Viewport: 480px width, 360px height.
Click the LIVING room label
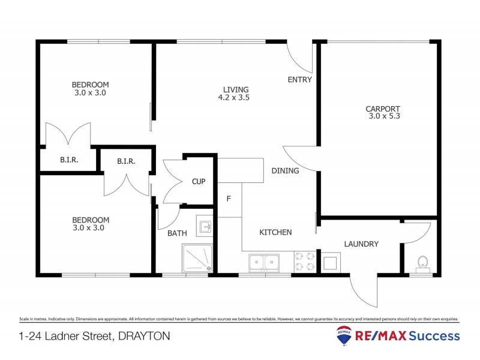(233, 89)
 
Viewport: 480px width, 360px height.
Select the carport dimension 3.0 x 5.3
(384, 116)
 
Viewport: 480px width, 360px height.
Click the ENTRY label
(299, 80)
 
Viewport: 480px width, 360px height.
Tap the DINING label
(285, 171)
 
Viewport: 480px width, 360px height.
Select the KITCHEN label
(275, 232)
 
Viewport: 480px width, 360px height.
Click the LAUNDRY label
(361, 244)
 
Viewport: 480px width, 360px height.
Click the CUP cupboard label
(199, 182)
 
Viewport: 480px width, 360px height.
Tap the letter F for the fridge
(229, 199)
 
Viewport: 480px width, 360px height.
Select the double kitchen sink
(265, 262)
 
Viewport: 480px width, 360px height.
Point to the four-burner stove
(304, 262)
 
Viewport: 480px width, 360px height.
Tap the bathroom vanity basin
(205, 226)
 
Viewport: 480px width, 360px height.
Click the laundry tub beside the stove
(330, 262)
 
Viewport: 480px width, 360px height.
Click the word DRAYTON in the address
(142, 336)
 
